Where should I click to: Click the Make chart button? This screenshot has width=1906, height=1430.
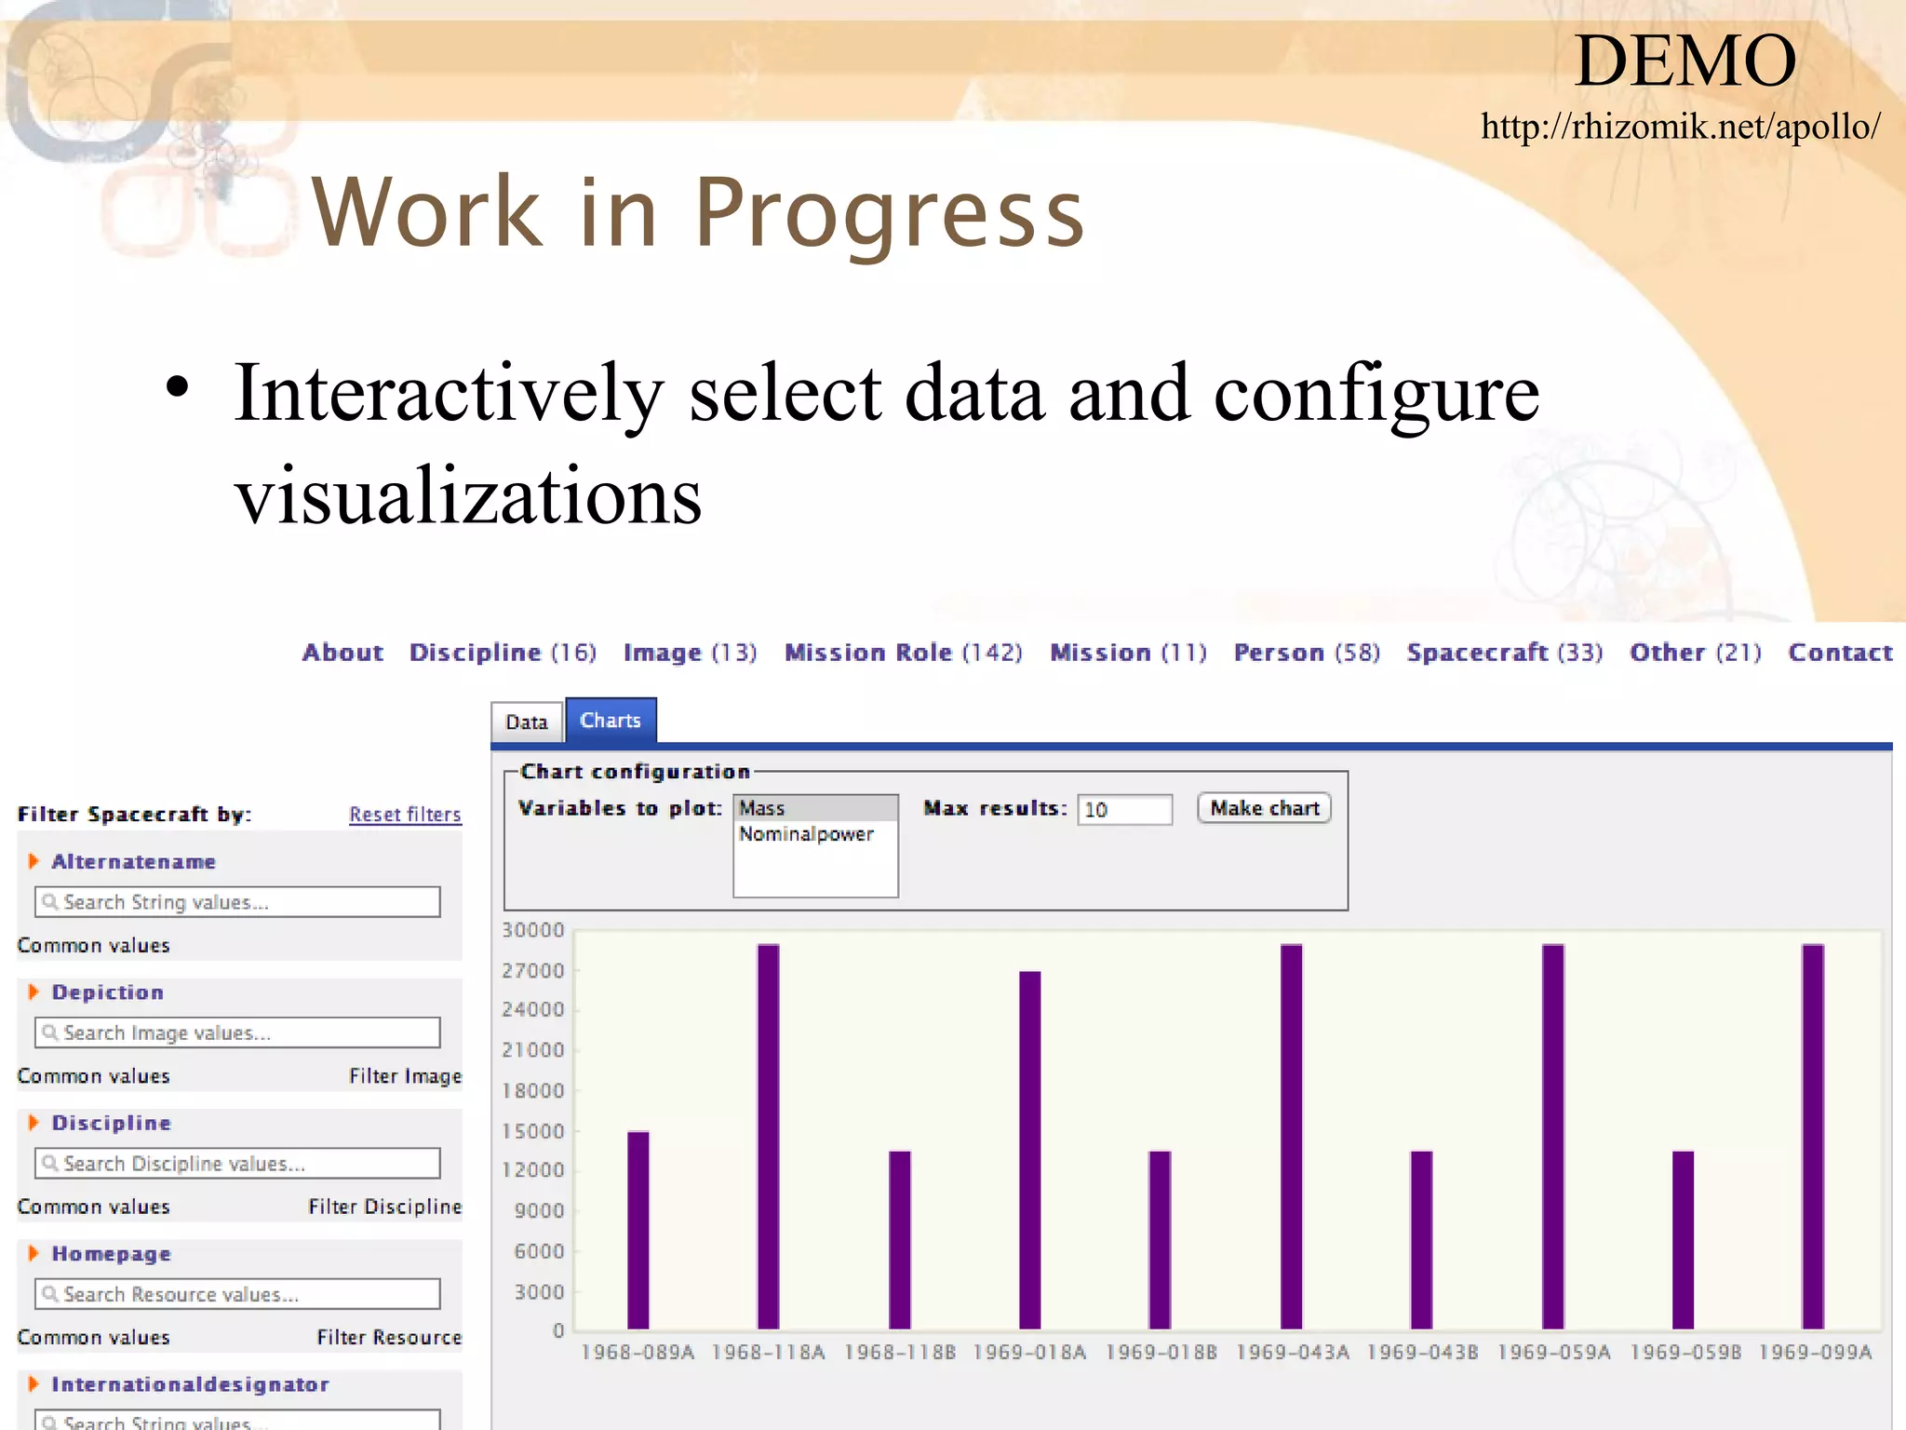[1264, 808]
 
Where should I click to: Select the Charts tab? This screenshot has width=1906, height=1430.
[611, 721]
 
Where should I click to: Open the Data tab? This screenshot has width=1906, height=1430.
[527, 722]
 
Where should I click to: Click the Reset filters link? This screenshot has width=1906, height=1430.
[405, 815]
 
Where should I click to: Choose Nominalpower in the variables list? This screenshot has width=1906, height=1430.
[807, 834]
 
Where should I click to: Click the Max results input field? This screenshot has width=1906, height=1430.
[1124, 809]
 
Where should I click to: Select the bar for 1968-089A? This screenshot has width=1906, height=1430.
[638, 1229]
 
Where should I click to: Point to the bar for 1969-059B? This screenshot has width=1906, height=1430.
[1683, 1239]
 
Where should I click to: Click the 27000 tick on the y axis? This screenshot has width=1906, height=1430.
[533, 970]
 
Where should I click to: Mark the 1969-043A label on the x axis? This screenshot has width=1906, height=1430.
[1292, 1352]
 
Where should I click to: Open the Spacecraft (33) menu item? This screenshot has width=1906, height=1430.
[1504, 653]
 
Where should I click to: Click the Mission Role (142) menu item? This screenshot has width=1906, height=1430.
[903, 653]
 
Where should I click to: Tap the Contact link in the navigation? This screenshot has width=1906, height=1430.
[1840, 653]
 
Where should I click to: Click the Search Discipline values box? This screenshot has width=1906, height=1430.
[237, 1164]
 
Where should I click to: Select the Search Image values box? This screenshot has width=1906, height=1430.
[237, 1032]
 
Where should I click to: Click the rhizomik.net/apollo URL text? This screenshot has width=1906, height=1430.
[1680, 127]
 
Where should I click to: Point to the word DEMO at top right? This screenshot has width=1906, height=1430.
[1685, 61]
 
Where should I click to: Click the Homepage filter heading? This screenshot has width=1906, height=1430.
[111, 1254]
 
